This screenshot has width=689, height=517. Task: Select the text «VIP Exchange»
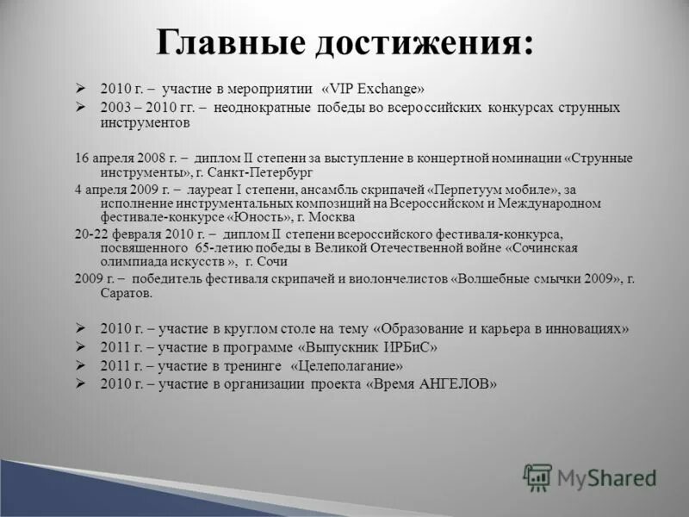click(373, 89)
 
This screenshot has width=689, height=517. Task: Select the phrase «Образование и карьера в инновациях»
click(502, 328)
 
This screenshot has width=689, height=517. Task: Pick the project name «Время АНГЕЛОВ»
click(431, 384)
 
